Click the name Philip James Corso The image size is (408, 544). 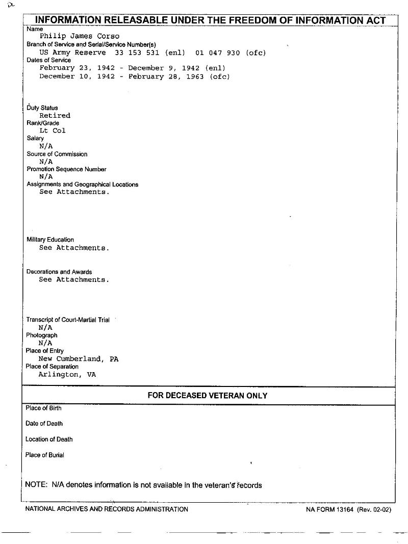click(x=80, y=36)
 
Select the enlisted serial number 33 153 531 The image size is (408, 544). click(x=137, y=53)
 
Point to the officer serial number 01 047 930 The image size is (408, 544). click(x=217, y=53)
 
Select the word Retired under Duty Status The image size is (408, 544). click(x=55, y=115)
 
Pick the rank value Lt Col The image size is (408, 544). click(x=53, y=131)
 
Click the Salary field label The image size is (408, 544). click(x=35, y=138)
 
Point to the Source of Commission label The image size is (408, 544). click(x=57, y=154)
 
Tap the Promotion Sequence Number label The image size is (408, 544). click(x=66, y=169)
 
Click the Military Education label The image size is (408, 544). click(x=50, y=240)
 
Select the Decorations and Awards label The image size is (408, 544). click(x=59, y=272)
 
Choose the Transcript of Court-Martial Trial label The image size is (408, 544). click(x=68, y=320)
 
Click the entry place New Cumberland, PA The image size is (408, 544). click(x=79, y=359)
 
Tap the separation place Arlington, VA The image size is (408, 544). click(x=67, y=374)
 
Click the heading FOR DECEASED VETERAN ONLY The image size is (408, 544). click(x=208, y=396)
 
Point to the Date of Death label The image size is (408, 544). click(x=44, y=424)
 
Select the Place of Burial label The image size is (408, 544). click(x=45, y=455)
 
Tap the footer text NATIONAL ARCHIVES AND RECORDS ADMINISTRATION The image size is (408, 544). click(x=107, y=509)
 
